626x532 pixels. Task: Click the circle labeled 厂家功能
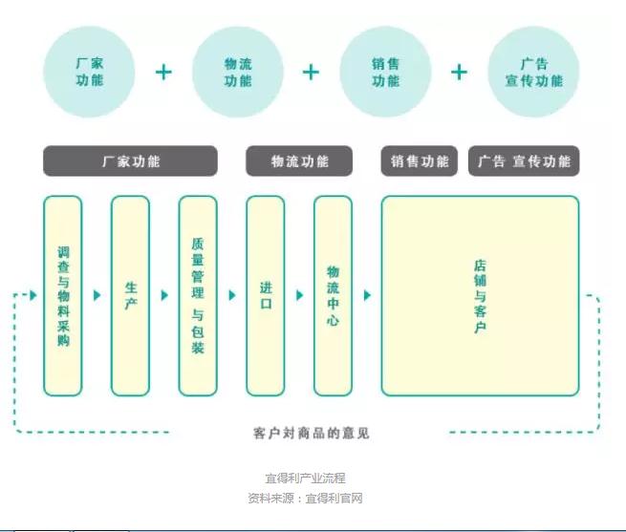coord(90,73)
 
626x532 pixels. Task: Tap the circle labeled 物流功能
coord(238,73)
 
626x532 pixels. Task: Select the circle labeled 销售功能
coord(385,73)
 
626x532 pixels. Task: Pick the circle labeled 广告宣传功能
coord(533,73)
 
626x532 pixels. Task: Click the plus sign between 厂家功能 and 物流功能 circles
coord(164,73)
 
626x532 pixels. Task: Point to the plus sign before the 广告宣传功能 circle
coord(460,73)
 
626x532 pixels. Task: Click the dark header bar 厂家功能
coord(130,161)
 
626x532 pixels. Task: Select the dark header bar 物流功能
coord(299,161)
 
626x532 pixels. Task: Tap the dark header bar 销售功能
coord(420,161)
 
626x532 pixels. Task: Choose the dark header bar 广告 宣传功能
coord(524,161)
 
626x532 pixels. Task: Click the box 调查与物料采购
coord(63,295)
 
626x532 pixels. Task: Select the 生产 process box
coord(130,295)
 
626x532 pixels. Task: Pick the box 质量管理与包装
coord(198,295)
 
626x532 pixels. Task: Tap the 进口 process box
coord(265,295)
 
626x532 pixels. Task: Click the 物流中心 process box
coord(333,295)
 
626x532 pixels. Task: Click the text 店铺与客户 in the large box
coord(480,295)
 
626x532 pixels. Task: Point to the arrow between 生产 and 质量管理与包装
coord(164,295)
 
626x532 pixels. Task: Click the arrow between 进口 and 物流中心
coord(299,295)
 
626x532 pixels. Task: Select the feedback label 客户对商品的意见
coord(312,434)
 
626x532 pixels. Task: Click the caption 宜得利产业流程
coord(305,478)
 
